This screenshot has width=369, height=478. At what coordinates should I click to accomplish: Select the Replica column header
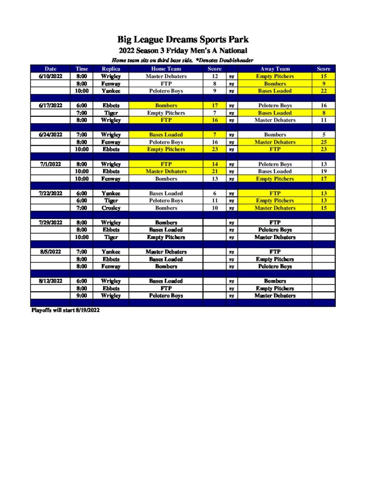111,69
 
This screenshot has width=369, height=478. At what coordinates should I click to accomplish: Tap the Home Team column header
166,69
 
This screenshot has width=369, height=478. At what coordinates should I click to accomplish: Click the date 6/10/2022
50,76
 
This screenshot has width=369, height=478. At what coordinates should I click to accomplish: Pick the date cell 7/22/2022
50,193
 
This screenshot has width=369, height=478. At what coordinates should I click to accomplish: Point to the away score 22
323,91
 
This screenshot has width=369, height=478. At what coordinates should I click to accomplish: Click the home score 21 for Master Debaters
215,171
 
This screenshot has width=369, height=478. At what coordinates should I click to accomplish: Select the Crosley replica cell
111,208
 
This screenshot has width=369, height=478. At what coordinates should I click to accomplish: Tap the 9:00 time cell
82,296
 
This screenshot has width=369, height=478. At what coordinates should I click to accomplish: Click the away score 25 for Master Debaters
323,142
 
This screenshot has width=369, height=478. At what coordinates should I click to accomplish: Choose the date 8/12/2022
50,281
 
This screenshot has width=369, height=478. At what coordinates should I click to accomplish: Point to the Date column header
50,69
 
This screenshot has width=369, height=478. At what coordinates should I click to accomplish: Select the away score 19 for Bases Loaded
323,171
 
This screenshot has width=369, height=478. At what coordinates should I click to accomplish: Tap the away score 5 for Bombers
323,134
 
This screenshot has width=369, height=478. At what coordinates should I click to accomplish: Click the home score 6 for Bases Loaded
215,193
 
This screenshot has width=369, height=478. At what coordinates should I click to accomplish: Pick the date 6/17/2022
50,105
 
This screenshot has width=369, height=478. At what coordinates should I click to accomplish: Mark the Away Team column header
275,69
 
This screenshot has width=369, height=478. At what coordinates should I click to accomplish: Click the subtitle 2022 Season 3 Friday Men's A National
183,50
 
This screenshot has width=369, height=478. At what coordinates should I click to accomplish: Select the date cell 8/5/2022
50,252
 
